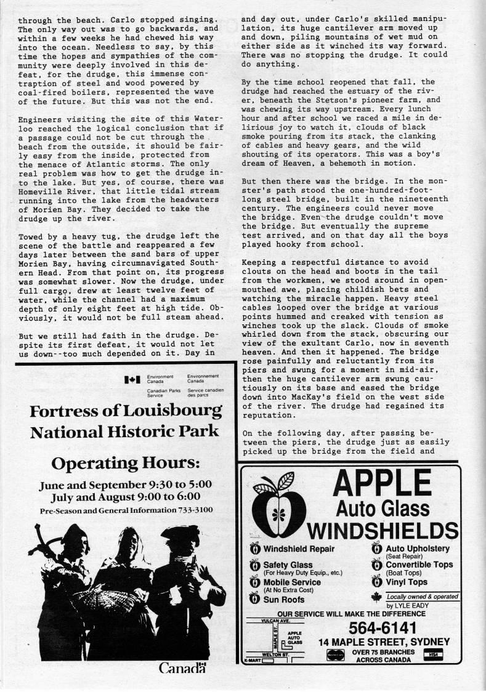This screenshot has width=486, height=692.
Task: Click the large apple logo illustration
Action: coord(282,504)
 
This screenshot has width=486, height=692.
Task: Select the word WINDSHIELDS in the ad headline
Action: coord(383,531)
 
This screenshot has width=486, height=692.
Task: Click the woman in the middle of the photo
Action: coord(123,585)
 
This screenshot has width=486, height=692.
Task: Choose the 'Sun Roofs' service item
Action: coord(283,599)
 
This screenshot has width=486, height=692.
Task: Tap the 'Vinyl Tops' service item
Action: coord(406,582)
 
